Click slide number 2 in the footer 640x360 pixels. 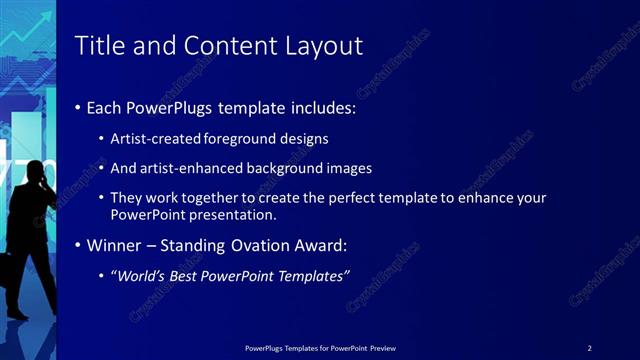[589, 347]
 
